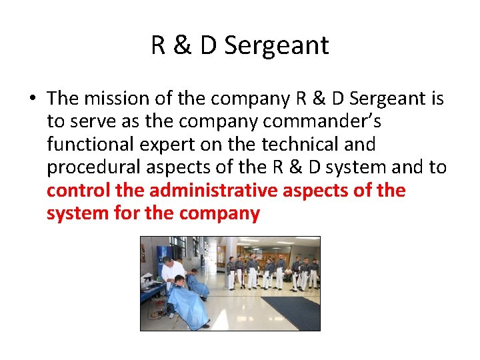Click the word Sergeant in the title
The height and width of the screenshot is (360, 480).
pos(277,45)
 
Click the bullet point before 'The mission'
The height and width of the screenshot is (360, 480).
pos(33,99)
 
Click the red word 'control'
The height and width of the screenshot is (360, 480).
pos(78,191)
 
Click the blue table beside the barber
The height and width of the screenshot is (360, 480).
pos(150,291)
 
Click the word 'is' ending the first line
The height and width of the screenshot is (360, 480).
pos(437,99)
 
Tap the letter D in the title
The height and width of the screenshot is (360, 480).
pos(209,45)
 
